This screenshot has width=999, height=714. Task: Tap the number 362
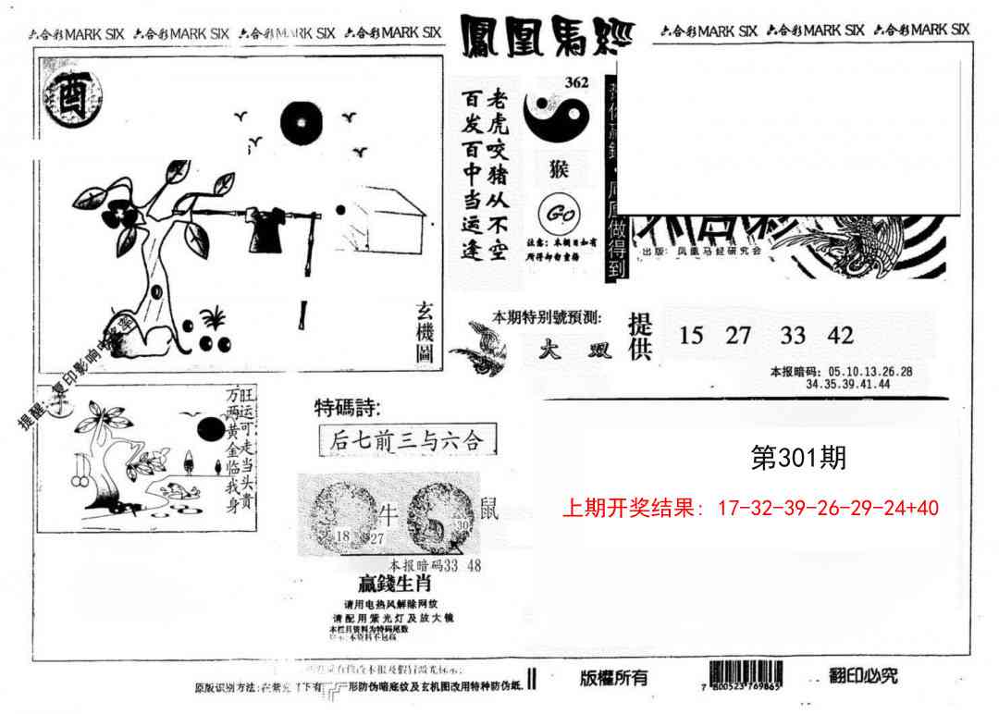576,82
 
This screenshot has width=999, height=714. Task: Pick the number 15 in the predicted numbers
691,335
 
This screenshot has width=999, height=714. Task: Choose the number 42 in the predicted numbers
841,335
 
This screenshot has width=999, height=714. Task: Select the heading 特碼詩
347,408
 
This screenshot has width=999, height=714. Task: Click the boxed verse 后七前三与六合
406,440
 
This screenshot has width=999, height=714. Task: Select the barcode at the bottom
746,674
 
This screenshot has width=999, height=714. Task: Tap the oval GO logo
558,214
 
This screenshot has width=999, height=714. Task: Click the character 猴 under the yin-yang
559,170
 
